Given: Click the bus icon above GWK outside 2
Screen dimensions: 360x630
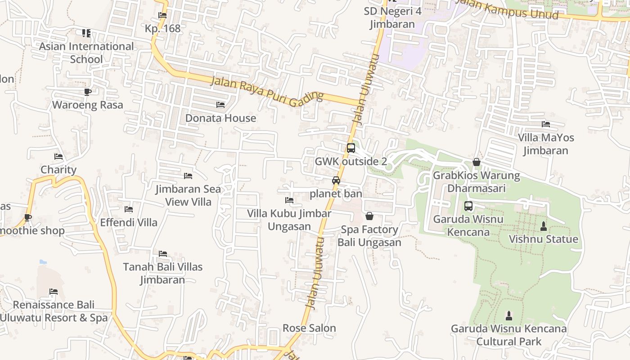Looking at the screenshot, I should pyautogui.click(x=351, y=148).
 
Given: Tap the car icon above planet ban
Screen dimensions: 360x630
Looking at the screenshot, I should pyautogui.click(x=336, y=180).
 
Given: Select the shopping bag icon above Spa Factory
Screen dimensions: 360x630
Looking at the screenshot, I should pyautogui.click(x=369, y=216).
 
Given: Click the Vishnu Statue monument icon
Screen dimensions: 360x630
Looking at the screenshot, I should pyautogui.click(x=543, y=226).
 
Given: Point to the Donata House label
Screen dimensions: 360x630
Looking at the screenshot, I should pyautogui.click(x=220, y=118).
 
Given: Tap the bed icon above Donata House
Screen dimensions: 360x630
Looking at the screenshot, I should pyautogui.click(x=220, y=105).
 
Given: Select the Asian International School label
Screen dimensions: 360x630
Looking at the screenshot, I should pyautogui.click(x=86, y=53).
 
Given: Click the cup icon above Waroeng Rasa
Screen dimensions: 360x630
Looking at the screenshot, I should pyautogui.click(x=87, y=92).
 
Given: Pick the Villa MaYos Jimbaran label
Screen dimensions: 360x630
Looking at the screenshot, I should pyautogui.click(x=545, y=144).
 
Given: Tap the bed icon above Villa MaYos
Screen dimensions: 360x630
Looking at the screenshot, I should pyautogui.click(x=546, y=124).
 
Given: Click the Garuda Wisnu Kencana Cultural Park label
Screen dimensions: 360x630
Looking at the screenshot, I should pyautogui.click(x=508, y=335).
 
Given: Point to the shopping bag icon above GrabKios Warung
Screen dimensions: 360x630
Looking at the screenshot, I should pyautogui.click(x=477, y=162).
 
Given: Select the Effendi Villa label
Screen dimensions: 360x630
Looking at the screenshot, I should pyautogui.click(x=129, y=222).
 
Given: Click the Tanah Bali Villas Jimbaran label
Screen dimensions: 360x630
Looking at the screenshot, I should pyautogui.click(x=162, y=273).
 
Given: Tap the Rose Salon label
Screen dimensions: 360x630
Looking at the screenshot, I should pyautogui.click(x=309, y=328).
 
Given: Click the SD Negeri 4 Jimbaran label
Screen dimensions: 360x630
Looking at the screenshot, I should pyautogui.click(x=392, y=18).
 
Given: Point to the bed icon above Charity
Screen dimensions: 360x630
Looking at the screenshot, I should pyautogui.click(x=58, y=157).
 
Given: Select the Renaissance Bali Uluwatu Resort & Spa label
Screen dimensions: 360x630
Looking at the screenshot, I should pyautogui.click(x=54, y=311).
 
